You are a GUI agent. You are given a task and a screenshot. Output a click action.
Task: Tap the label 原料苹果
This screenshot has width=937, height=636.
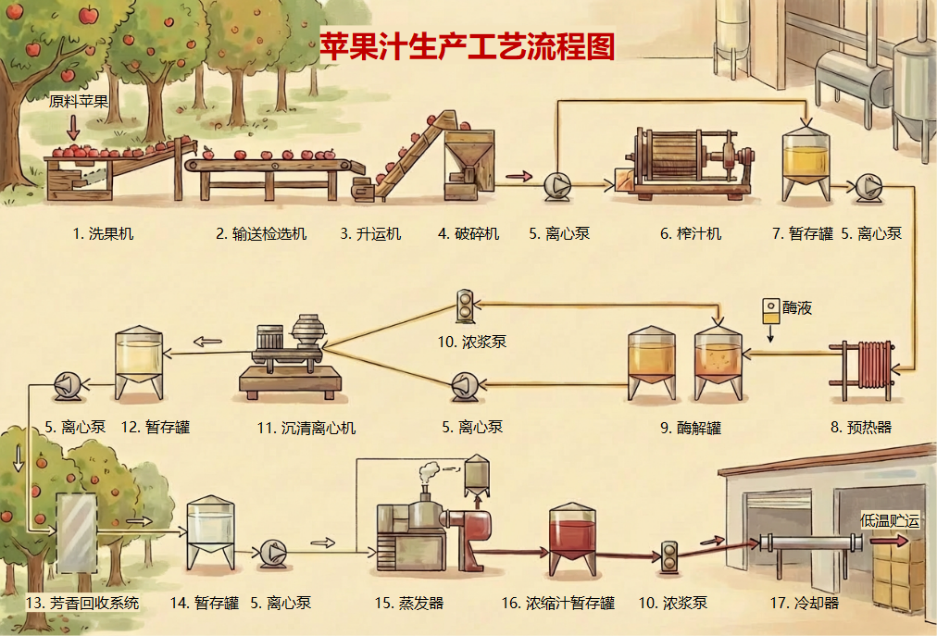point(79,102)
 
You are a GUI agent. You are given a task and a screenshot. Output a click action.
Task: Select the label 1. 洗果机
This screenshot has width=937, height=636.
point(103,234)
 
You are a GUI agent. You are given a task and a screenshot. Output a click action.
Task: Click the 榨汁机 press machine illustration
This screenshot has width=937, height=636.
point(686,162)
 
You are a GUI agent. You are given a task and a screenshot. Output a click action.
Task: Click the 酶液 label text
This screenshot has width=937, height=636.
point(797,308)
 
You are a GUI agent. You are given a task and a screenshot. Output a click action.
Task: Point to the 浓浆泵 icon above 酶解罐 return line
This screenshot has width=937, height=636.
point(464,303)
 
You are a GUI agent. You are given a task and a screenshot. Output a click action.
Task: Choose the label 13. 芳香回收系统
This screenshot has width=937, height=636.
point(82,604)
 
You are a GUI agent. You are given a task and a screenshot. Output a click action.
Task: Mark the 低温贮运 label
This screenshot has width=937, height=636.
point(891,521)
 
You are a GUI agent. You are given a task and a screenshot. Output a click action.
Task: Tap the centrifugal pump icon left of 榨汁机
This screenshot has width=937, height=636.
point(558,186)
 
